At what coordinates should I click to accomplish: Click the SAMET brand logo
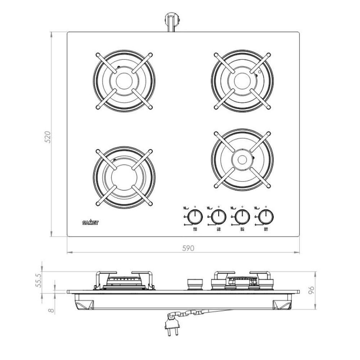tap(90, 222)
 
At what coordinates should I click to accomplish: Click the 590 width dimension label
tap(188, 248)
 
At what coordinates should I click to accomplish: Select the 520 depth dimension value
tap(47, 137)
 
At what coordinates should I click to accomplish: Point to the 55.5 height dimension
tap(39, 280)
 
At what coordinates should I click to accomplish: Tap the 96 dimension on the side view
tap(311, 290)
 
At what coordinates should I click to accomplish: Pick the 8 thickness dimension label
tap(51, 310)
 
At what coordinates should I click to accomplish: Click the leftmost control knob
tap(195, 217)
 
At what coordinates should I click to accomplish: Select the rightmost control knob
tap(266, 217)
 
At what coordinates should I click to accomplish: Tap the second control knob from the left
tap(219, 217)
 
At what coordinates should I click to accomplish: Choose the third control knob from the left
tap(242, 217)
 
